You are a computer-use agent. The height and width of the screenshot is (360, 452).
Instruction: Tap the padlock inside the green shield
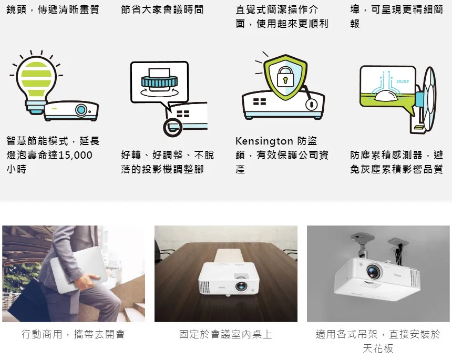(285, 77)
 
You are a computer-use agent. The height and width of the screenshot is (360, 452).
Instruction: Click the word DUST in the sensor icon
(403, 81)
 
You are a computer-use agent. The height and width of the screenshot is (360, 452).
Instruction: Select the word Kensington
(264, 141)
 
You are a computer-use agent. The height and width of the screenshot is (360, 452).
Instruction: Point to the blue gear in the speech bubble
(159, 82)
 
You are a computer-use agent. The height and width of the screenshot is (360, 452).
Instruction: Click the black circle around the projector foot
(172, 127)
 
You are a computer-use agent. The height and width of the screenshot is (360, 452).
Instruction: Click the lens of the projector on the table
(241, 286)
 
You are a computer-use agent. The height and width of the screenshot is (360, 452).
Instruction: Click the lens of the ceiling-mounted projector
(374, 272)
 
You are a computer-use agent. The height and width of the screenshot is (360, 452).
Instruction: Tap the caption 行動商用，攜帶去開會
(73, 334)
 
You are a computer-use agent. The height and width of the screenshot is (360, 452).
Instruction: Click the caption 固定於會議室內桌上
(225, 334)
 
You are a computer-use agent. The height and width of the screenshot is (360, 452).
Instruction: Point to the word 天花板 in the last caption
(378, 348)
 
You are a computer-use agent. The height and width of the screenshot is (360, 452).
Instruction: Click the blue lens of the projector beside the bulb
(81, 110)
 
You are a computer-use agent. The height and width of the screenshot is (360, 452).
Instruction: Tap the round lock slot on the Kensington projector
(311, 105)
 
